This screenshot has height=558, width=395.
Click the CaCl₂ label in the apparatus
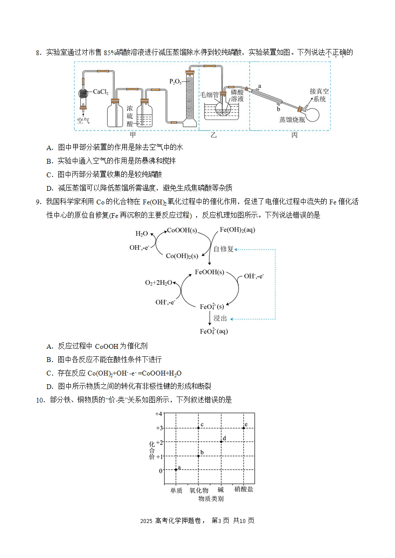pos(101,92)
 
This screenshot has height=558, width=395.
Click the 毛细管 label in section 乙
pos(209,95)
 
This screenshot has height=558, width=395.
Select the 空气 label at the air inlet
pos(83,121)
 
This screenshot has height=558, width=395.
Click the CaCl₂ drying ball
pos(83,94)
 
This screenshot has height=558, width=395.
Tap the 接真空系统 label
pos(319,95)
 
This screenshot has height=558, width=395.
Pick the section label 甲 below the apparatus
pos(133,135)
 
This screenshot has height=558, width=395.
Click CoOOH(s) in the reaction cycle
pos(182,230)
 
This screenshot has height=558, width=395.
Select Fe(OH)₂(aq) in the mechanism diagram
pos(237,230)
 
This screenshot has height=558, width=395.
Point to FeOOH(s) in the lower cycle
pos(209,272)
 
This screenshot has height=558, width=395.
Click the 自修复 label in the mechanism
pos(223,249)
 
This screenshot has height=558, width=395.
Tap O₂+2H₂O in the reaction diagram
pos(159,282)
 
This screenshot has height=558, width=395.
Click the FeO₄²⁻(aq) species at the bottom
pos(214,331)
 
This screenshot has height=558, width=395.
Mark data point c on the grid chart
pos(198,428)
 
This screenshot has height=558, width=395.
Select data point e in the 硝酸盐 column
pos(244,428)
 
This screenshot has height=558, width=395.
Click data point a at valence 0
pos(176,470)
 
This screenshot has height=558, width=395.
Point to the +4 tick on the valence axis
pos(159,414)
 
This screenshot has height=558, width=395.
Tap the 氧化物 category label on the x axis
pos(199,490)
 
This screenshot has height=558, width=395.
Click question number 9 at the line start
pos(39,202)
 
